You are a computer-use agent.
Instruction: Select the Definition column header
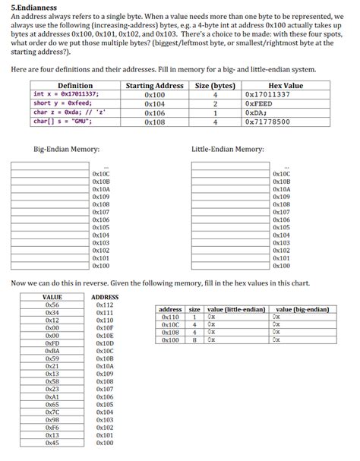75,86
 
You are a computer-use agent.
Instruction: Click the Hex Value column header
286,86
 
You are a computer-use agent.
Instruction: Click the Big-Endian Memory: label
67,149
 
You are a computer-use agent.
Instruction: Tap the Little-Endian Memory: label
227,149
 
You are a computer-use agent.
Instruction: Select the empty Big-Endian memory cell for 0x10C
51,174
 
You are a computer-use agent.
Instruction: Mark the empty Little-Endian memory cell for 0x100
229,266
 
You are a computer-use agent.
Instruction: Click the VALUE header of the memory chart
52,297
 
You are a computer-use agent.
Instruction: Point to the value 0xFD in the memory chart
52,343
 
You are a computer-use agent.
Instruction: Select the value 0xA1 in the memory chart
52,396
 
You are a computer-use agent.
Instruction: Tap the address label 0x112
105,305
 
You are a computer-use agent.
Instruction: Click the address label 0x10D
105,343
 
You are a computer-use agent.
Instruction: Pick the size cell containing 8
194,339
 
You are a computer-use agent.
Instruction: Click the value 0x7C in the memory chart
52,412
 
